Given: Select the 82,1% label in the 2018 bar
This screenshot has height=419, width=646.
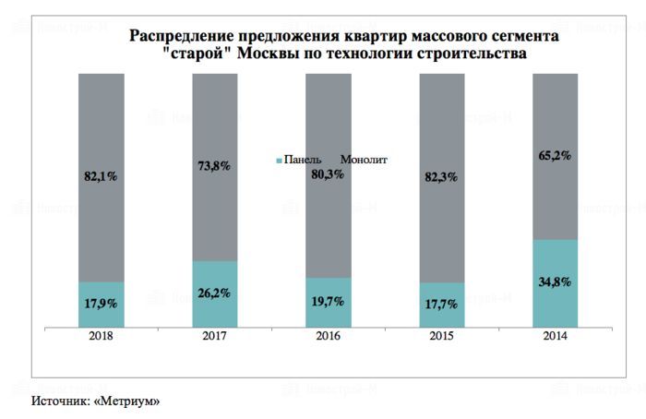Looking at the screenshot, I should [102, 175].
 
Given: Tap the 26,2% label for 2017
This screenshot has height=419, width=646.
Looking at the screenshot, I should [215, 293].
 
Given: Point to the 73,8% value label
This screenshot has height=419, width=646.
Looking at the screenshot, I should [215, 166].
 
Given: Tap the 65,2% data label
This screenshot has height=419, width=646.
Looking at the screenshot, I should [556, 156].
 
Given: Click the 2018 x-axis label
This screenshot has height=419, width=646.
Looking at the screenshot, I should [102, 337].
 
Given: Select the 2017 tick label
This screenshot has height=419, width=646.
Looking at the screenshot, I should [215, 337].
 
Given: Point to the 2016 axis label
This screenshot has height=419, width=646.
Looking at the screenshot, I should [329, 337].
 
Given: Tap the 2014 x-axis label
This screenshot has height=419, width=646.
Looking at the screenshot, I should [556, 337].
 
